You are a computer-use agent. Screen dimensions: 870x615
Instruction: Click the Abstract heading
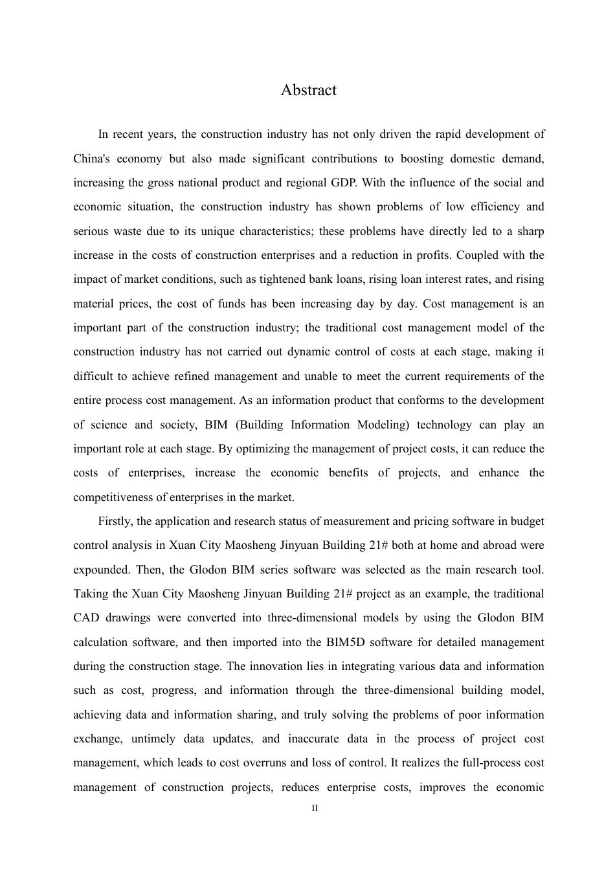pyautogui.click(x=308, y=90)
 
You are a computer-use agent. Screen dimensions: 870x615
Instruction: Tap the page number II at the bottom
pyautogui.click(x=315, y=809)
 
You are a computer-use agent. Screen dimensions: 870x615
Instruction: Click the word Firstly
pyautogui.click(x=116, y=521)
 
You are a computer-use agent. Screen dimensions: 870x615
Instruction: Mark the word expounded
pyautogui.click(x=101, y=570)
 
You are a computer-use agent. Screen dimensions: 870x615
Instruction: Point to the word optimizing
pyautogui.click(x=262, y=449)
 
